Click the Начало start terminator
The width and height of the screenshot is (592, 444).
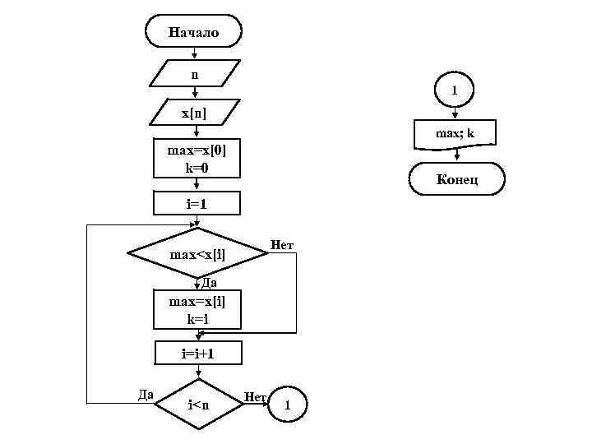(193, 33)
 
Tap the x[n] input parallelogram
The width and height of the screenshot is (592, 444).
(194, 111)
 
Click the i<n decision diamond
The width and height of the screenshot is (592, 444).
(197, 404)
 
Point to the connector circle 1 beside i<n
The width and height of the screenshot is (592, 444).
(286, 405)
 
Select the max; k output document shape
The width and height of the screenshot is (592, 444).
(454, 134)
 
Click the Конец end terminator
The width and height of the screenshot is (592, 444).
(456, 179)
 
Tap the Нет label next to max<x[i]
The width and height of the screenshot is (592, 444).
(282, 245)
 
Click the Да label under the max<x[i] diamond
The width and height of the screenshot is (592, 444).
(208, 283)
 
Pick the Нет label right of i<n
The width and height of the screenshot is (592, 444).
(254, 397)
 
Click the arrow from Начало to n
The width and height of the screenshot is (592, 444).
(194, 54)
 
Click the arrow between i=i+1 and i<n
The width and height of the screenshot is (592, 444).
(197, 372)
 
